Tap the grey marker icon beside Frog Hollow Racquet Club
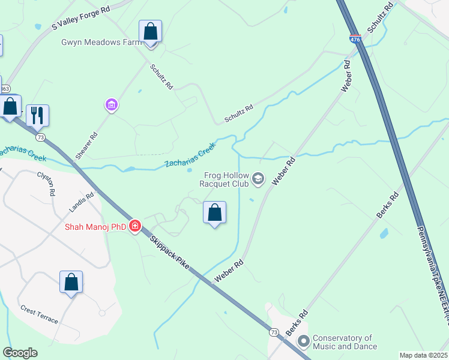258,178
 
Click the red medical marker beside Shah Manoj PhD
136,226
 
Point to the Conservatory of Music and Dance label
345,342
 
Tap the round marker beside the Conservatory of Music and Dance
303,342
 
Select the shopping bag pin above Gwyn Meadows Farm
150,32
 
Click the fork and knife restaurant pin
38,115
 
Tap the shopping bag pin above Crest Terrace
71,282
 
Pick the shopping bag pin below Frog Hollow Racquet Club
214,212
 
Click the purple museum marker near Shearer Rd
111,106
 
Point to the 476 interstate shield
355,39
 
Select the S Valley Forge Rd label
81,18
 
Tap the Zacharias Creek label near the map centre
190,155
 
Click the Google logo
20,353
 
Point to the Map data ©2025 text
423,355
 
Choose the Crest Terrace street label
40,314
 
